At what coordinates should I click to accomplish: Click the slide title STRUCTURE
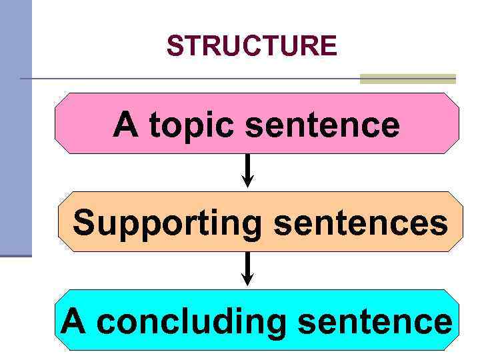pos(251,46)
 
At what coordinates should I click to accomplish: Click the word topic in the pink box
pos(195,125)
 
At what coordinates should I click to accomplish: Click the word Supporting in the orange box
pos(167,223)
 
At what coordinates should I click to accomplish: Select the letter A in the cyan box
pos(74,321)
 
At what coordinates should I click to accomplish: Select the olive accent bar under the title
pos(407,79)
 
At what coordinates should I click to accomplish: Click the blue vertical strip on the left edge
pos(15,127)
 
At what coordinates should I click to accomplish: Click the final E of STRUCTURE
pos(329,46)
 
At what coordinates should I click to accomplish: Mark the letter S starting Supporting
pos(85,222)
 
